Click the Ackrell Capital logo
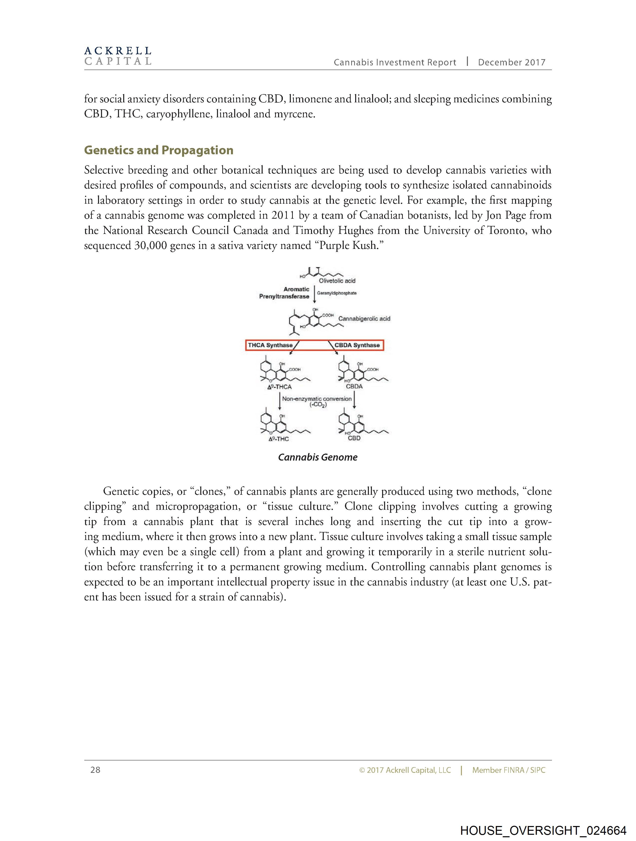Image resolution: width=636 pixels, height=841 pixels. pos(118,56)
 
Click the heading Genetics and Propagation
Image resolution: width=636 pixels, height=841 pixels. pos(158,150)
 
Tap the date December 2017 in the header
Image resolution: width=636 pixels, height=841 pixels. pos(511,62)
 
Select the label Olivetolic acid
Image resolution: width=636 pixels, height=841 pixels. pos(337,281)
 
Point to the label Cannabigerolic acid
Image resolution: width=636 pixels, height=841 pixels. pos(364,319)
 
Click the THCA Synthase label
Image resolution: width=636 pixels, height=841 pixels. pos(270,345)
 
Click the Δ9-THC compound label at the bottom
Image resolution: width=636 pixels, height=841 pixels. pos(279,439)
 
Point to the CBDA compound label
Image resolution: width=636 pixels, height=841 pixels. pos(354,387)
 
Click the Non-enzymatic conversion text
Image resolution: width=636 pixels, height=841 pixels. pos(317,399)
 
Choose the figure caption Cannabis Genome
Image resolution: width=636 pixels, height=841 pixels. pos(318,457)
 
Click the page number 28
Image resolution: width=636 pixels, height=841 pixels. pos(95,770)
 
